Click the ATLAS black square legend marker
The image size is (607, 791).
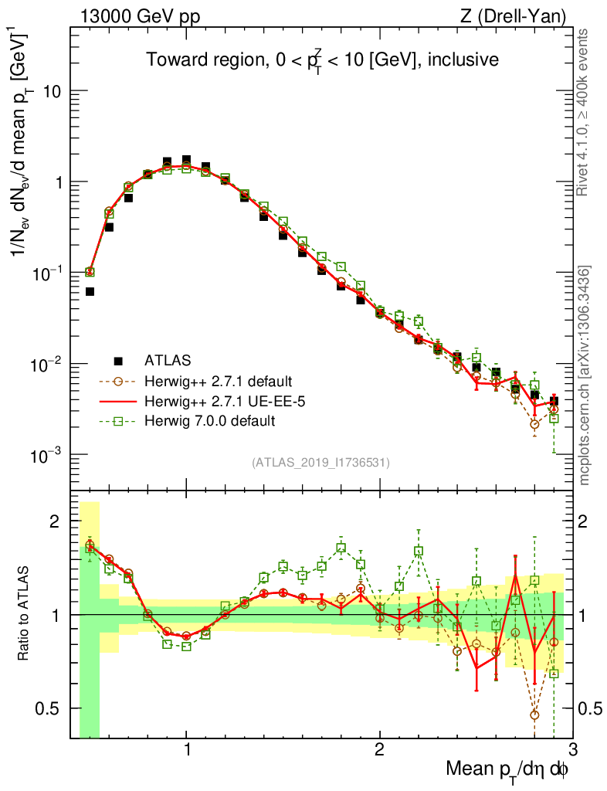pos(118,360)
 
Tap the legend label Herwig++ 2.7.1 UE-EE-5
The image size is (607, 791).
pos(216,401)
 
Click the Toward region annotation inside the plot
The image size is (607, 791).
pos(322,60)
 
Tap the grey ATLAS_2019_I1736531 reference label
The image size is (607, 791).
pos(320,463)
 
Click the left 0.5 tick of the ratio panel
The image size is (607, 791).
pos(53,708)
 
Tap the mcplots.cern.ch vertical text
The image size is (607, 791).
pos(585,375)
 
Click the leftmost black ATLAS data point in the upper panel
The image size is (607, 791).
pos(90,291)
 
